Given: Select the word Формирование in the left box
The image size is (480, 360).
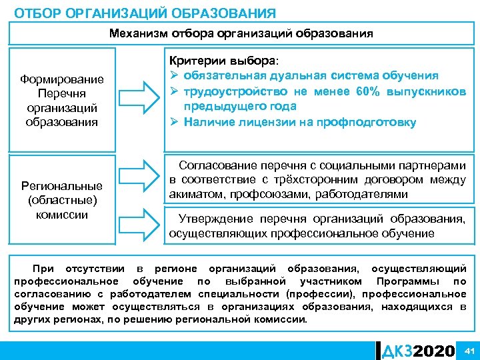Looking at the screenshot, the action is (x=62, y=80).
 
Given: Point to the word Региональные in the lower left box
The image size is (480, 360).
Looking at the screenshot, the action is (x=62, y=185).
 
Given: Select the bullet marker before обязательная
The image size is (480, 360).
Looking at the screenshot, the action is (x=177, y=75).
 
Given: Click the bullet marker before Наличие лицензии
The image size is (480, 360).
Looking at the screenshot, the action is (x=177, y=122).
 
